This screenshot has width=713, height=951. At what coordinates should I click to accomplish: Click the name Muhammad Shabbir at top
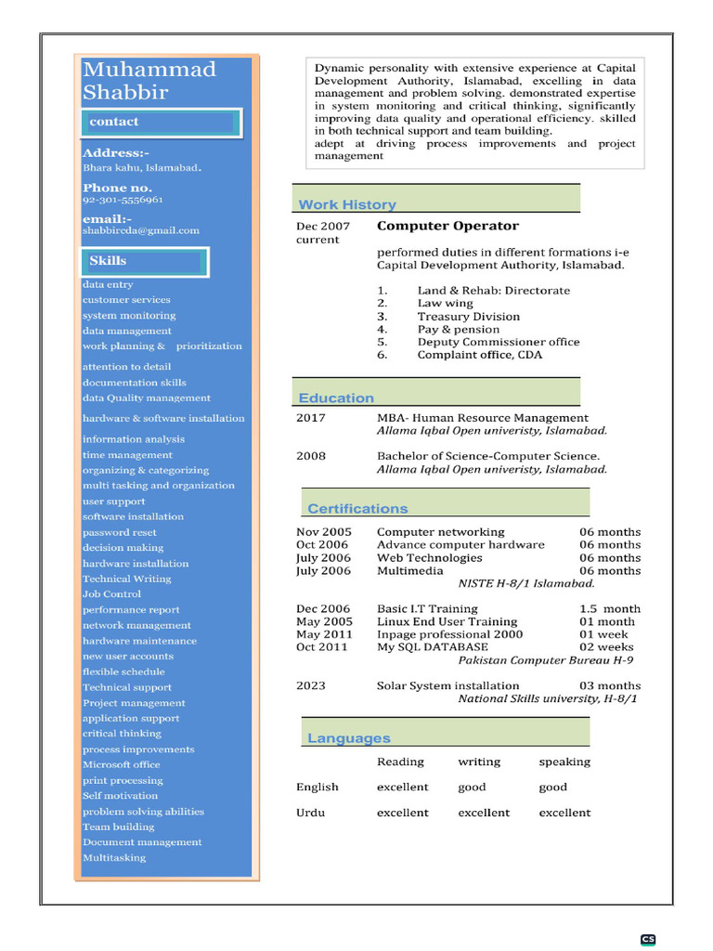pyautogui.click(x=149, y=81)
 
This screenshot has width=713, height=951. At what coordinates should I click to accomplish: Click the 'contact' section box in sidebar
pyautogui.click(x=160, y=123)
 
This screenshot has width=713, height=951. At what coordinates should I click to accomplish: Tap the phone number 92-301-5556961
pyautogui.click(x=123, y=200)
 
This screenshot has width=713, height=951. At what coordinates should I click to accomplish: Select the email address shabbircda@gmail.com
pyautogui.click(x=141, y=230)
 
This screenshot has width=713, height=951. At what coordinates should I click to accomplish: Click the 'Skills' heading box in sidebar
pyautogui.click(x=144, y=261)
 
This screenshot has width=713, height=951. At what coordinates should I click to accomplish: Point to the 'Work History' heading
pyautogui.click(x=347, y=204)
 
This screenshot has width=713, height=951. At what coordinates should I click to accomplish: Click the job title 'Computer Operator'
pyautogui.click(x=447, y=226)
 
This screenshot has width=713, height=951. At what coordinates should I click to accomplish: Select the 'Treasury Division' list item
pyautogui.click(x=468, y=317)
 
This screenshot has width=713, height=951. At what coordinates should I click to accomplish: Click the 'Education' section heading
pyautogui.click(x=336, y=397)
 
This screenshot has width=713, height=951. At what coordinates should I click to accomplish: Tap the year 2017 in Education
pyautogui.click(x=311, y=418)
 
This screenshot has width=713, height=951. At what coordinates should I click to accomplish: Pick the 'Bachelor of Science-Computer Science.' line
pyautogui.click(x=488, y=456)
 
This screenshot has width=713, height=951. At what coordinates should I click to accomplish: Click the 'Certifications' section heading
pyautogui.click(x=357, y=508)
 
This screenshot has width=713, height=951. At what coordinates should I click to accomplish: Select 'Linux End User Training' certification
pyautogui.click(x=447, y=621)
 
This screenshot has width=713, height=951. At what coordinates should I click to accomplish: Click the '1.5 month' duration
pyautogui.click(x=610, y=608)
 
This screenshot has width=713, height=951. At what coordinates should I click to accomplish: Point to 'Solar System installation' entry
pyautogui.click(x=447, y=685)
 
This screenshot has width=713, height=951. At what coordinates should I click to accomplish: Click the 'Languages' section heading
pyautogui.click(x=349, y=738)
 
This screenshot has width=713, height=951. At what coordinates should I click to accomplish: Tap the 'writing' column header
pyautogui.click(x=479, y=762)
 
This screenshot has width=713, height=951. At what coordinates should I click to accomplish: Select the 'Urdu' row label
pyautogui.click(x=311, y=813)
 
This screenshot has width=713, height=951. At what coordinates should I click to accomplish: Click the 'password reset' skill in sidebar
pyautogui.click(x=120, y=532)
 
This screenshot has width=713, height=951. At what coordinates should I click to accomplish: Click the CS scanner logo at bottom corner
pyautogui.click(x=648, y=939)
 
